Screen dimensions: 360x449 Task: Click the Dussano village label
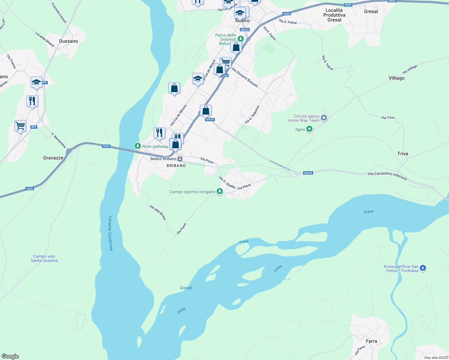tap(68, 41)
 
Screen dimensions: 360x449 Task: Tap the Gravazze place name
tap(53, 158)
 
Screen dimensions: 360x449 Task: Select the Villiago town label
tap(396, 78)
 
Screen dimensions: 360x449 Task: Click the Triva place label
tap(402, 154)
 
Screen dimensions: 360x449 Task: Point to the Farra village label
tap(371, 341)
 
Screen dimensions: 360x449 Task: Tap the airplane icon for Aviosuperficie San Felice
tap(423, 268)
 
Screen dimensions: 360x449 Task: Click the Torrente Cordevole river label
tap(110, 233)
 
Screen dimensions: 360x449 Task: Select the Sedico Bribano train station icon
tap(180, 159)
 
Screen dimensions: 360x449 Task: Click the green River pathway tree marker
tap(137, 146)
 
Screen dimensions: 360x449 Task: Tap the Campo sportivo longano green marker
tap(220, 191)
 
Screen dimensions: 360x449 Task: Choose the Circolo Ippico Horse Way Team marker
tap(324, 118)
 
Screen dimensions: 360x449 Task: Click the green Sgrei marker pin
tap(309, 129)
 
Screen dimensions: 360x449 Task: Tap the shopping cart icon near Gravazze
tap(20, 126)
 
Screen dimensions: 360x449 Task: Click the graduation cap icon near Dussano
tap(36, 82)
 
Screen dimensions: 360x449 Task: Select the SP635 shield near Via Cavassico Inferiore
tap(308, 173)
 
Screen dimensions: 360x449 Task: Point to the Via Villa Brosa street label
tap(158, 212)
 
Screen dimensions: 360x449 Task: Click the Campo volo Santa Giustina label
tap(44, 258)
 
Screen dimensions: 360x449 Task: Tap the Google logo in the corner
tap(10, 356)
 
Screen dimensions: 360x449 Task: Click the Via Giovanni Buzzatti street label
tap(245, 77)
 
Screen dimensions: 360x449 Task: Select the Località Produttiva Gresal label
tap(334, 15)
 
